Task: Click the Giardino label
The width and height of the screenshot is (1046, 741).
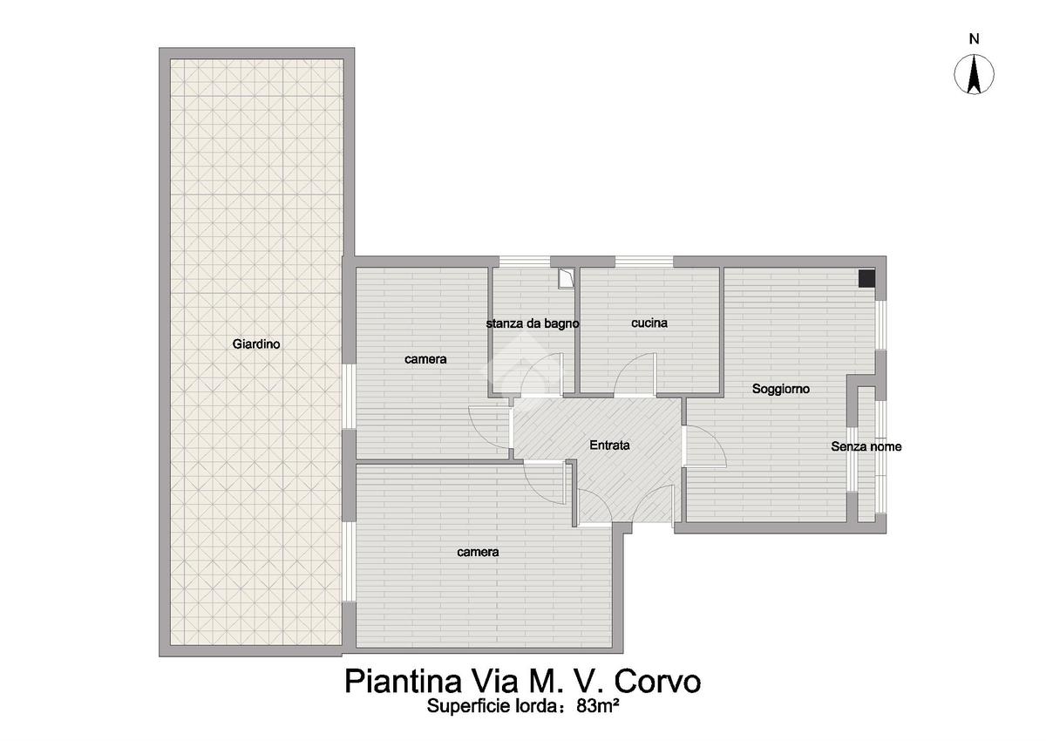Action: [x=256, y=344]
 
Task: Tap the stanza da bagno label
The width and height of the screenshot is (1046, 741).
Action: [x=533, y=323]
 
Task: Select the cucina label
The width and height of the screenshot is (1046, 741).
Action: [x=649, y=323]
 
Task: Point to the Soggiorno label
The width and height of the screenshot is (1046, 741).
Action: [x=781, y=389]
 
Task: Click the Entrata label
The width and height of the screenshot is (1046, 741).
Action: [x=609, y=445]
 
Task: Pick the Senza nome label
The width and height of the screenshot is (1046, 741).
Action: [x=866, y=446]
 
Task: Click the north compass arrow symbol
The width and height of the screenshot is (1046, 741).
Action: [x=974, y=74]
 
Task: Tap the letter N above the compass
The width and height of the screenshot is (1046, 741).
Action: [x=975, y=39]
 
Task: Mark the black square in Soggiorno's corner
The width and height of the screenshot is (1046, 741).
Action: [x=866, y=279]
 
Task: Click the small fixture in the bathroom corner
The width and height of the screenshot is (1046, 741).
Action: [x=566, y=279]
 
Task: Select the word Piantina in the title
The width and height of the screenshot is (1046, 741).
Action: [x=404, y=683]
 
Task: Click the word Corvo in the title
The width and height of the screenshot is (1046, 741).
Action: [x=657, y=682]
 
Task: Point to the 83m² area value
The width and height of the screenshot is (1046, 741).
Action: [x=598, y=705]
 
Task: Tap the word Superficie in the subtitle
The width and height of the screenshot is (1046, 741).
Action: [x=468, y=706]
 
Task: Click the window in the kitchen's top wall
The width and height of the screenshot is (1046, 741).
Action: [x=644, y=262]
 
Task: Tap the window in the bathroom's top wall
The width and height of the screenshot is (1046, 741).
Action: [x=525, y=262]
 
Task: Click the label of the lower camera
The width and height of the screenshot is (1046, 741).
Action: [x=478, y=553]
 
